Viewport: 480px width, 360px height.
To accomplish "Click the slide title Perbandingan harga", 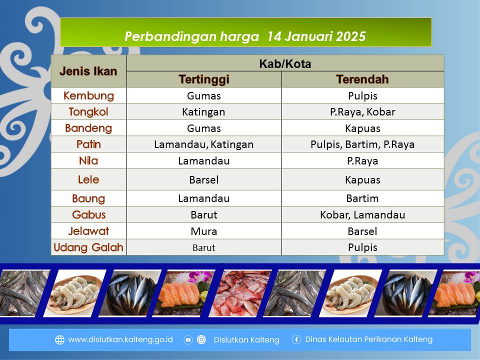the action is [191, 36].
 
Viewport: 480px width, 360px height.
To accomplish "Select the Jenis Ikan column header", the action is [88, 71].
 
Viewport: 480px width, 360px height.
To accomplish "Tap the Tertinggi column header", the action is [204, 79].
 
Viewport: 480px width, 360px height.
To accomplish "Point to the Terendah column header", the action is [362, 79].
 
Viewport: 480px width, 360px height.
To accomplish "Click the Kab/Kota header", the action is [285, 63].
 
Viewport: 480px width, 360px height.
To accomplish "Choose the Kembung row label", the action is [89, 96].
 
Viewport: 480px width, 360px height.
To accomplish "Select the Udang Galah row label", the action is [88, 247].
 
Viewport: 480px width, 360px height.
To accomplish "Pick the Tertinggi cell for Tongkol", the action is [203, 111].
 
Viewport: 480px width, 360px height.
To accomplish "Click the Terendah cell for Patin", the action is [362, 144].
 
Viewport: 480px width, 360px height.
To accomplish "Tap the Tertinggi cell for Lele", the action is [204, 179].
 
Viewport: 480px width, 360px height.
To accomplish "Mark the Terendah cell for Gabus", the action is [362, 215].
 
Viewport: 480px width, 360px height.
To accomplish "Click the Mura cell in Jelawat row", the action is [204, 231].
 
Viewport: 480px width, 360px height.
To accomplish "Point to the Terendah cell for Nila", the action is [362, 160].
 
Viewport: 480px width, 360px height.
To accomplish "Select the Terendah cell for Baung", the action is [362, 198].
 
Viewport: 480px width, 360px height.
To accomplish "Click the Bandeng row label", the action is [88, 128].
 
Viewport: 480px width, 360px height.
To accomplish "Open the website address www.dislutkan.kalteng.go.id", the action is [120, 339].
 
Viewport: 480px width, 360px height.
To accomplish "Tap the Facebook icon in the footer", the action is [296, 339].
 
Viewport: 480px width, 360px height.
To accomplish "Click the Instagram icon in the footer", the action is [201, 339].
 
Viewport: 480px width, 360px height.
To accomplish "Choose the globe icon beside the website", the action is [59, 340].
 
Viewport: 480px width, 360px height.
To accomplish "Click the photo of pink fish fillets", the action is [240, 293].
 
